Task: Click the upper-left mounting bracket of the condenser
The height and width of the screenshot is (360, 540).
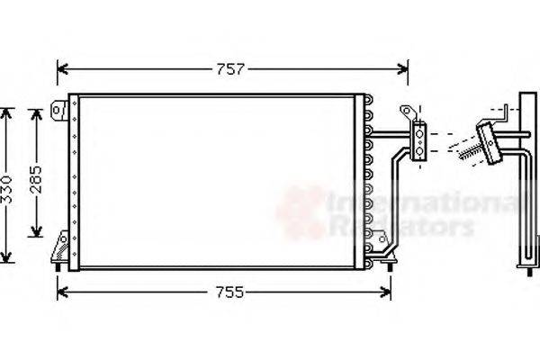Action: (60, 110)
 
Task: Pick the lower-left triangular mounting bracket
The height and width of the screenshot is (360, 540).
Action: (61, 245)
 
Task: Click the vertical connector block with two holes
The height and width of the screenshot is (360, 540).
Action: (419, 142)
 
